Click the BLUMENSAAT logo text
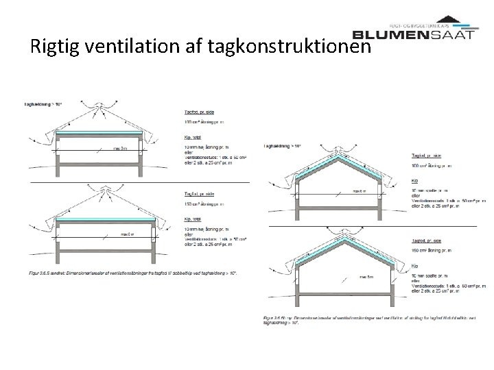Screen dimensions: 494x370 tap(412, 34)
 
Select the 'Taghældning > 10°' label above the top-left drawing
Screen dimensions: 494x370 tap(35, 103)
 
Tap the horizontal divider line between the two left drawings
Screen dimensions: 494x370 tap(137, 184)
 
